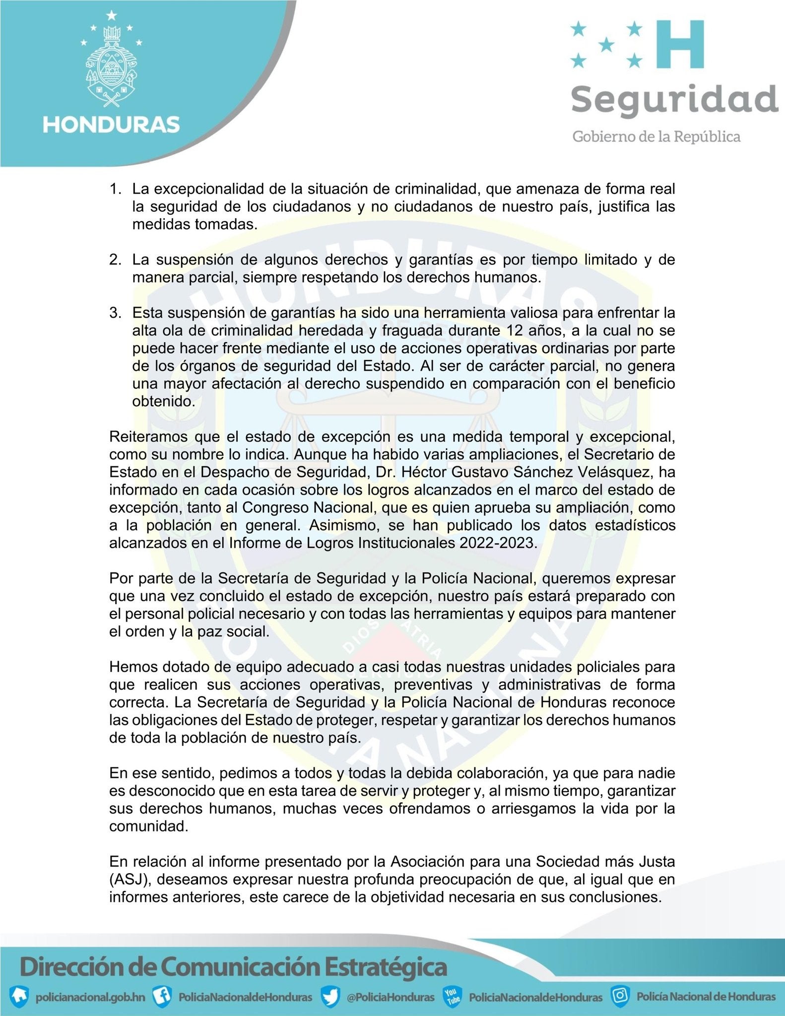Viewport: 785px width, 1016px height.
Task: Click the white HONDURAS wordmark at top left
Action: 111,124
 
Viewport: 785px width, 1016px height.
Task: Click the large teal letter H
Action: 680,44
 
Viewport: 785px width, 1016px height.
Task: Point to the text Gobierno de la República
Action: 656,136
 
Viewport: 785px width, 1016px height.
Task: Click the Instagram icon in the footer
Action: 621,995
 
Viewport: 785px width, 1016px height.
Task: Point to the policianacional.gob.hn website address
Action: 89,996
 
